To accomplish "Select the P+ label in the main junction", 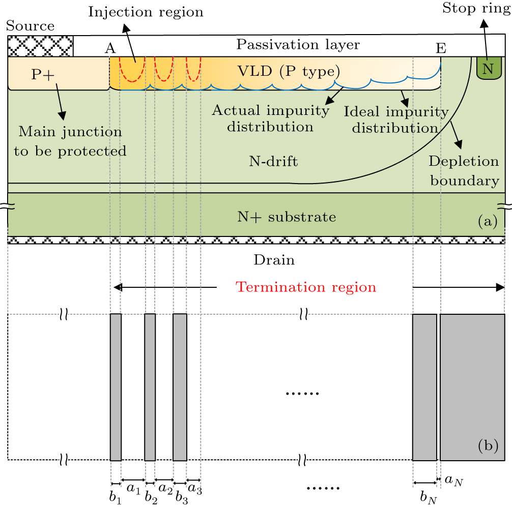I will coord(41,74).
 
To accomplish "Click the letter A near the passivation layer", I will coord(109,48).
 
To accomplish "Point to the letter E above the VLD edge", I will coord(441,48).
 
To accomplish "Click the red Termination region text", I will coord(305,287).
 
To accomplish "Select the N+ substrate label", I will coord(287,218).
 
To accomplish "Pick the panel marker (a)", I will coord(488,222).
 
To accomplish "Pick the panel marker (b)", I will coord(488,446).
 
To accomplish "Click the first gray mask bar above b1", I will coord(116,387).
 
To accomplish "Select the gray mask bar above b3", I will coord(180,387).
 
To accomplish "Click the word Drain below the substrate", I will coord(274,261).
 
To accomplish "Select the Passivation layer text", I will coord(298,45).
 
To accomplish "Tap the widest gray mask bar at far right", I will coord(472,387).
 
